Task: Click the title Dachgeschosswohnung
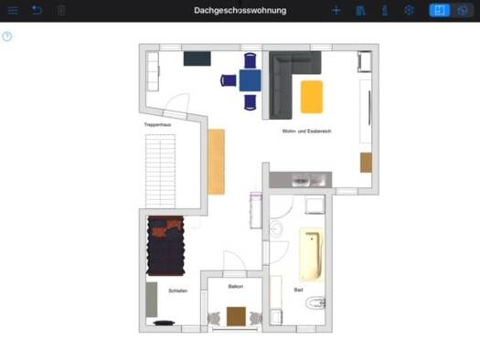click(240, 10)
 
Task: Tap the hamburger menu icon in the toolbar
click(13, 10)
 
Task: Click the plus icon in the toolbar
click(336, 10)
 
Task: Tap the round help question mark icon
click(7, 37)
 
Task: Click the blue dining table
click(250, 79)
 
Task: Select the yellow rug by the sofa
click(312, 96)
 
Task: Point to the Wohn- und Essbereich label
click(306, 132)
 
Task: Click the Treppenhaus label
click(157, 124)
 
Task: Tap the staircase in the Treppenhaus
click(160, 171)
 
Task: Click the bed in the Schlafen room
click(166, 247)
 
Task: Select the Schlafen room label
click(178, 291)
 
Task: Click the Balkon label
click(236, 286)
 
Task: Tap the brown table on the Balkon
click(237, 315)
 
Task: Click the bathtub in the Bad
click(311, 255)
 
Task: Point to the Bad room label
click(298, 290)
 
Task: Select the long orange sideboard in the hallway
click(216, 162)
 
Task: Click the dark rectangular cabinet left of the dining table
click(197, 58)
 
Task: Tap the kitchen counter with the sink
click(299, 179)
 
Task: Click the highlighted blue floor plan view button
click(439, 10)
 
